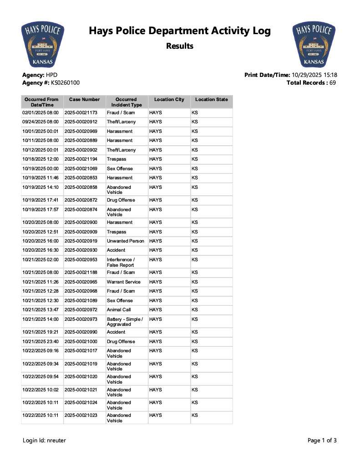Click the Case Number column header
[x=84, y=100]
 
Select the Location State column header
[x=211, y=100]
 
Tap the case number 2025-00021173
[x=81, y=112]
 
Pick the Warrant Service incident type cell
[x=124, y=282]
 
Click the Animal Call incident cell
[x=119, y=310]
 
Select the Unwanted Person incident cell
[x=125, y=241]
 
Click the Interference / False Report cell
[x=121, y=262]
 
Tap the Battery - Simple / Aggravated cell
[x=125, y=322]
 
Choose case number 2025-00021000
[x=81, y=342]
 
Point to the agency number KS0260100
[x=62, y=83]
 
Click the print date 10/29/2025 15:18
[x=314, y=75]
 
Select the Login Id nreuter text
[x=45, y=441]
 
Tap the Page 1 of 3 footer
[x=322, y=441]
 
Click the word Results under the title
[x=179, y=46]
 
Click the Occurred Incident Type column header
[x=126, y=102]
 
